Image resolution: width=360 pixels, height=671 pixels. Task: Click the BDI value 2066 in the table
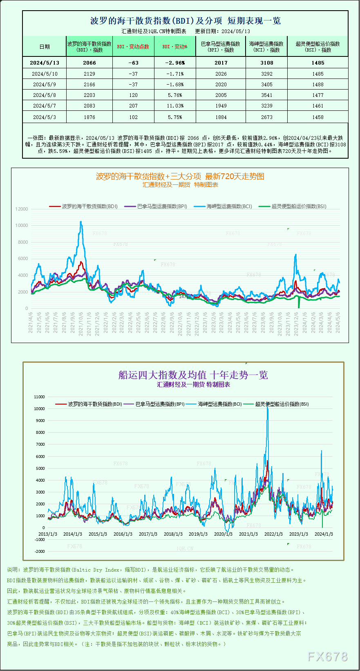tap(89, 63)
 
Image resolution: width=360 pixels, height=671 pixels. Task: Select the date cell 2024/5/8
tap(45, 95)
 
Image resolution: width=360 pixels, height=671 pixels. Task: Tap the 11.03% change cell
tap(175, 106)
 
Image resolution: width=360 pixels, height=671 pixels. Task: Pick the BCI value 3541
tap(266, 95)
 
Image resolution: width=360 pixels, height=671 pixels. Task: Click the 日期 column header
tap(45, 47)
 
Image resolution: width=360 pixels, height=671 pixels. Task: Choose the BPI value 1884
tap(221, 117)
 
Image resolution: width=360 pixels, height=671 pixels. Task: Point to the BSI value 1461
tap(318, 106)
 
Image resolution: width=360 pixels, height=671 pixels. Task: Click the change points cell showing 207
tap(133, 106)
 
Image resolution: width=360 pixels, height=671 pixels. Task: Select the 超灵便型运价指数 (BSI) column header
tap(318, 47)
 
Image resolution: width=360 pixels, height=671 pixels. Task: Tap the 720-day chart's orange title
tap(180, 177)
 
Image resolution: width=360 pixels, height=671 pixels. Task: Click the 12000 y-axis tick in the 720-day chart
tap(22, 209)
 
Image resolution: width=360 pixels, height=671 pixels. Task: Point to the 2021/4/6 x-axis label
tap(31, 323)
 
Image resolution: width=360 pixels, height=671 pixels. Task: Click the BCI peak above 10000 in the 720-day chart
tap(81, 223)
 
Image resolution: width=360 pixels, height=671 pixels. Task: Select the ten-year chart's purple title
tap(193, 375)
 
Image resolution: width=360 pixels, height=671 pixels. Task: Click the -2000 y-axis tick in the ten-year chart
tap(40, 552)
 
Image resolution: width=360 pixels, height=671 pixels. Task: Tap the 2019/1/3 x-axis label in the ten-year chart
tap(198, 534)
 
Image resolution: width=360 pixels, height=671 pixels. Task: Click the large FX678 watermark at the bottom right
tap(327, 657)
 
